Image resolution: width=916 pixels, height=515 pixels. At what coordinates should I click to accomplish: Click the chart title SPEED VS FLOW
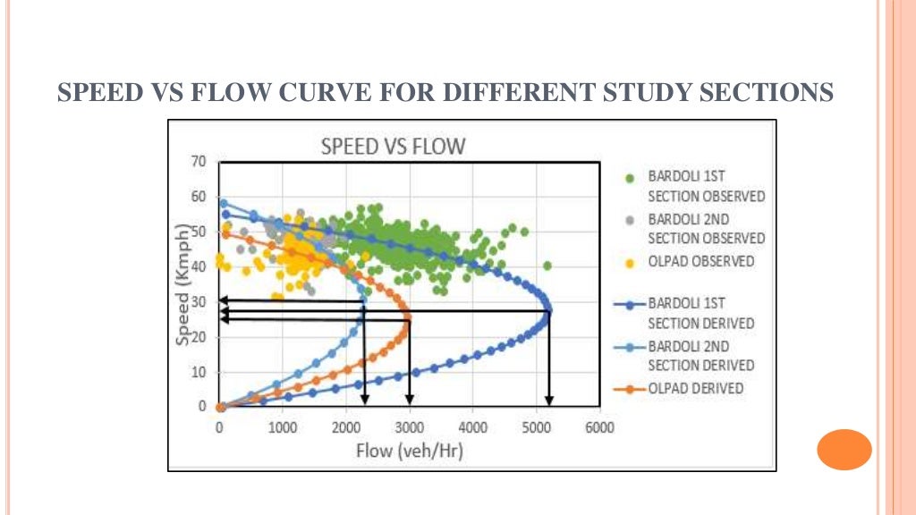coord(393,147)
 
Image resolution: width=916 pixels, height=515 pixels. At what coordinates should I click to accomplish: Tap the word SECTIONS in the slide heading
coord(766,92)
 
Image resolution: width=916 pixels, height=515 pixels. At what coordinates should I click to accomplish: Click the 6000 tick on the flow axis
coord(599,427)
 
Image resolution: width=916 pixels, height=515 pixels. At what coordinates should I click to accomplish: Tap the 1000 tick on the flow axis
coord(283,427)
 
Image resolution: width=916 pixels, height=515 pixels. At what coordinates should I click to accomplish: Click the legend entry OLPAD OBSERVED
coord(700,261)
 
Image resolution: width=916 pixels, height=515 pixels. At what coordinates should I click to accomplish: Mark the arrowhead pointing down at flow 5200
coord(549,400)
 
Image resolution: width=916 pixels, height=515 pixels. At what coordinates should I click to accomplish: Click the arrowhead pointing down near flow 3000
coord(410,400)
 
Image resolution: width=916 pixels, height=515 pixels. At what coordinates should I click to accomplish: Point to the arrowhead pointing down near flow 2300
coord(364,400)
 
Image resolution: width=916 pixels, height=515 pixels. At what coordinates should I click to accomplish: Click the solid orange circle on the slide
coord(844,450)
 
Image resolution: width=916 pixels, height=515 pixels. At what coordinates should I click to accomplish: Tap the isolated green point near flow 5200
coord(547,266)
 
